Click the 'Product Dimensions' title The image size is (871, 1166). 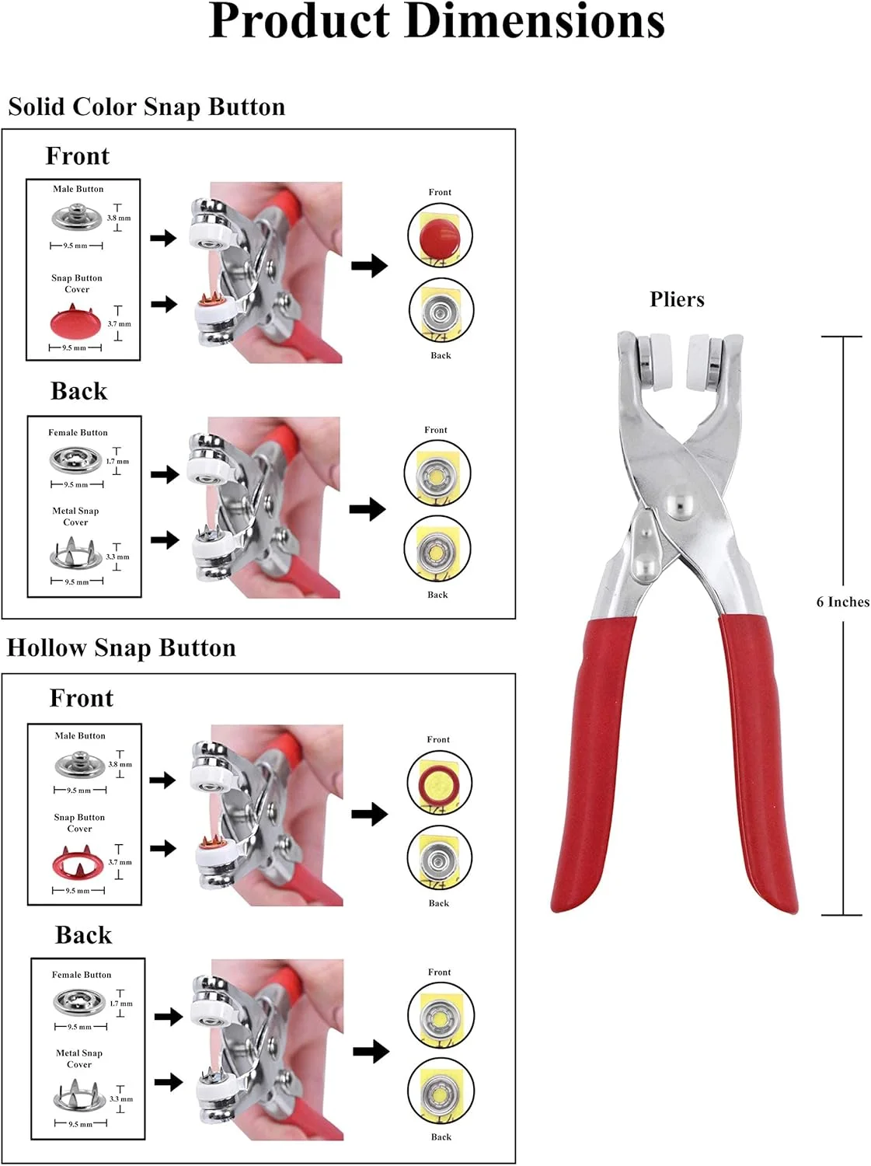437,22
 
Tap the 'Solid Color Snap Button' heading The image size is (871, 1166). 147,106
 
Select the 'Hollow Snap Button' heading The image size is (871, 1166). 121,648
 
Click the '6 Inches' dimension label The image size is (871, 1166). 842,602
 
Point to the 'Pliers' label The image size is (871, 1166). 677,299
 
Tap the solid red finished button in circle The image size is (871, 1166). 441,235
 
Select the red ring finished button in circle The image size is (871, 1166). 440,781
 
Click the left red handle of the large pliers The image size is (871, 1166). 592,762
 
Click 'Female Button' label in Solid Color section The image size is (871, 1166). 78,432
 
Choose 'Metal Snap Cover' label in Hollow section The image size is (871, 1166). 79,1059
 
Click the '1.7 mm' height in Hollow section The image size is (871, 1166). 120,1004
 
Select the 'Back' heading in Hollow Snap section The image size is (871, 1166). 83,935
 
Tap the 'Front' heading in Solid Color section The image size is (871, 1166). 77,156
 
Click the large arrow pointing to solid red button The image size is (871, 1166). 369,266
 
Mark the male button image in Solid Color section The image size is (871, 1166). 77,217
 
